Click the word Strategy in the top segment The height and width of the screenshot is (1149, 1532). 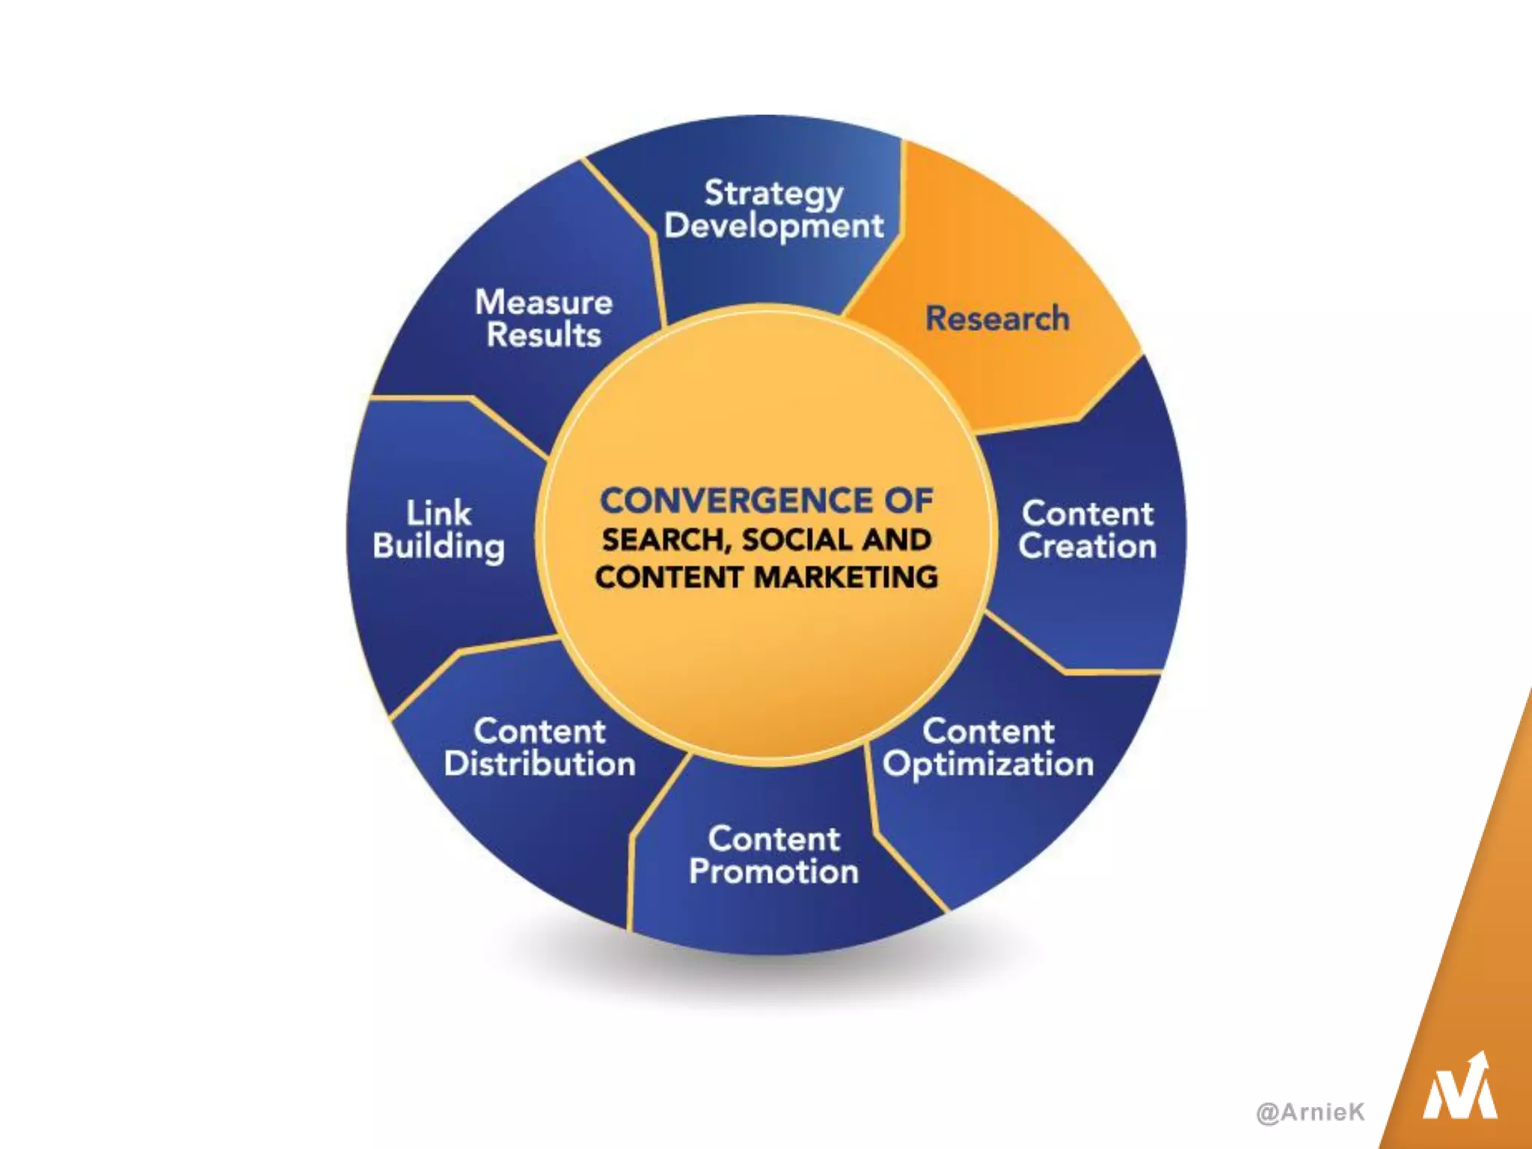tap(773, 194)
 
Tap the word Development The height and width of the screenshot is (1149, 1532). tap(773, 226)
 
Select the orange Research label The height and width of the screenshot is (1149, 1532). tap(997, 319)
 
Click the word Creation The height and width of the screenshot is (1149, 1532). tap(1087, 546)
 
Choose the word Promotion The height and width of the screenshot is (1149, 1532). tap(773, 872)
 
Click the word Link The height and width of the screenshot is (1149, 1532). tap(438, 513)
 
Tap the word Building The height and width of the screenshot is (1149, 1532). tap(438, 547)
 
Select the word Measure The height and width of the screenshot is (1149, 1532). tap(544, 302)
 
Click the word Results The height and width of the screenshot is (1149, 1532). tap(544, 335)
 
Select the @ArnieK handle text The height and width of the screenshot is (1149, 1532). tap(1311, 1112)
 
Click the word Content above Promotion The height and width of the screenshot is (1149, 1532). tap(773, 839)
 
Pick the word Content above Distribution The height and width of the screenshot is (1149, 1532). tap(539, 731)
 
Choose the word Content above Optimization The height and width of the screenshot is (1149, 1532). tap(987, 731)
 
